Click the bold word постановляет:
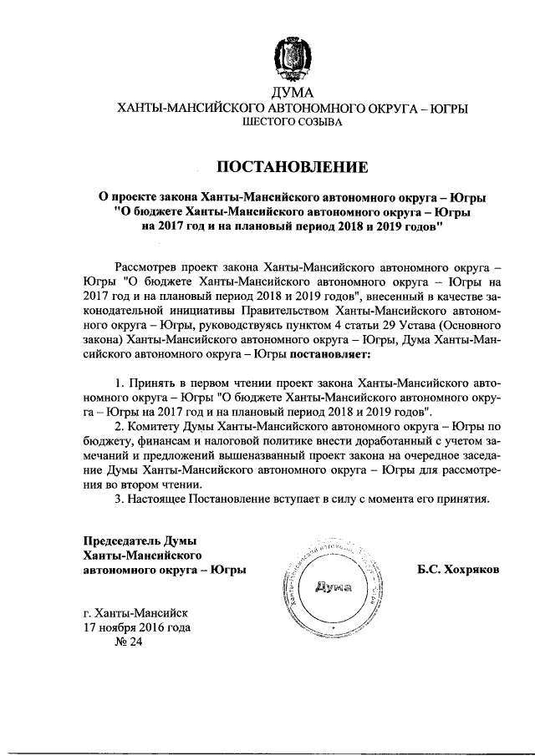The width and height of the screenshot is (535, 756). (x=331, y=355)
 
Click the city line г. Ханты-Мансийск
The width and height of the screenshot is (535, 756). (x=137, y=612)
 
